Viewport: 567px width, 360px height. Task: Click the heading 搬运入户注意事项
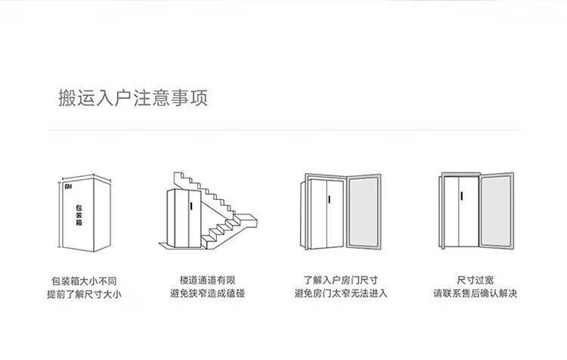pos(133,98)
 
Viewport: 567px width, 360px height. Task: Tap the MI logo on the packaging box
pos(69,183)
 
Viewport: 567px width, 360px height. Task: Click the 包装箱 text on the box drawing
pos(79,215)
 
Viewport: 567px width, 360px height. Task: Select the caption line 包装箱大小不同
pos(84,281)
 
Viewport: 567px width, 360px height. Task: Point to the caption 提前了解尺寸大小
pos(84,293)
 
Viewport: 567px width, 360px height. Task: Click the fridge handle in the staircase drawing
pos(191,205)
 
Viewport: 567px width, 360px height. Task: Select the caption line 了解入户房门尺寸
pos(340,281)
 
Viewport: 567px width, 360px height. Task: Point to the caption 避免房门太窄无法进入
pos(340,293)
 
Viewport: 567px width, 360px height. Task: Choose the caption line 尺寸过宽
pos(475,281)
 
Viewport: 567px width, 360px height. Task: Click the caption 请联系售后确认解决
pos(475,293)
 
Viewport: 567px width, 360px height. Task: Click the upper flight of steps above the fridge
pos(197,182)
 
